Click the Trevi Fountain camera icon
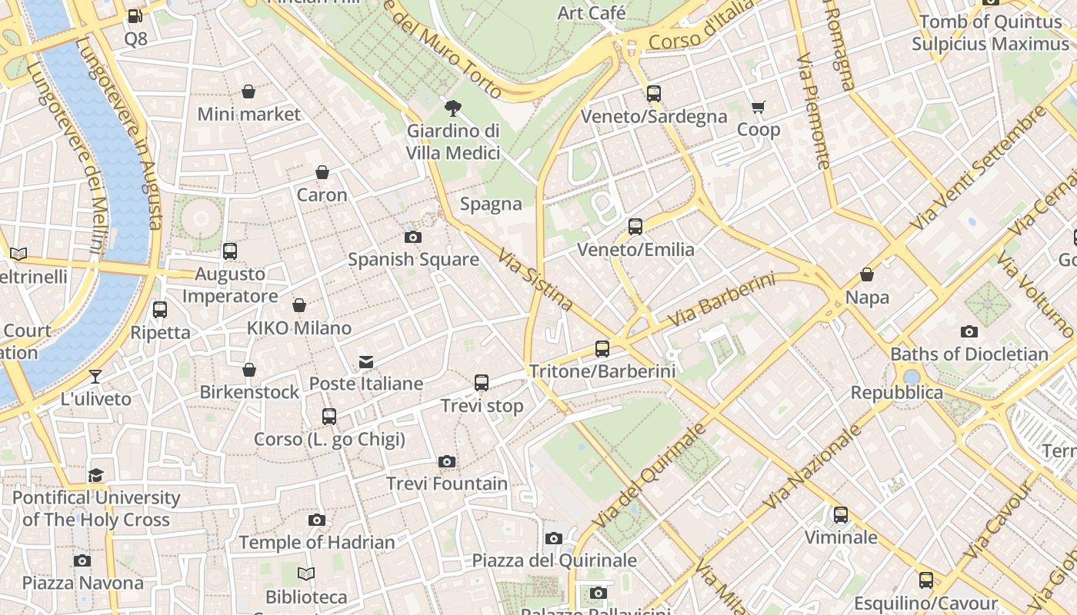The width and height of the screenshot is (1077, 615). [446, 461]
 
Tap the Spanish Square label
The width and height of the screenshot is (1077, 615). [413, 259]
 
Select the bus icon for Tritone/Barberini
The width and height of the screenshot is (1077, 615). [602, 348]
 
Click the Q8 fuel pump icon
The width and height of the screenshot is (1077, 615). [135, 15]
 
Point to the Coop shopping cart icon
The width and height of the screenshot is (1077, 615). [759, 107]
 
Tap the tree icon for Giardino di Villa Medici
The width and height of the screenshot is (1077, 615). [453, 108]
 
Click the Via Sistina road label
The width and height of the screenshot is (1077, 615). [535, 280]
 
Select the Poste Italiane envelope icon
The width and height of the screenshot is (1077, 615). [366, 361]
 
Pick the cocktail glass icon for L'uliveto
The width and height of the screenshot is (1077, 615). [95, 376]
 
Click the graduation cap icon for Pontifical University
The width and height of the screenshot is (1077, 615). [95, 475]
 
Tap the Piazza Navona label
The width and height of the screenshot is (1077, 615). [82, 583]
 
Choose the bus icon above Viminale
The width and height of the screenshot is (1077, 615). [841, 514]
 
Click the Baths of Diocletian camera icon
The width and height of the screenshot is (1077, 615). [969, 331]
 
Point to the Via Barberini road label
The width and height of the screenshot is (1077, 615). [721, 300]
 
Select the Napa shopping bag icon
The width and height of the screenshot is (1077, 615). [867, 274]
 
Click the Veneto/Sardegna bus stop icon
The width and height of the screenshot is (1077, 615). [653, 93]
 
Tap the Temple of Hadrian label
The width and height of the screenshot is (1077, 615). [317, 542]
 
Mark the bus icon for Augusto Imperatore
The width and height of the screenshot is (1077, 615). [229, 251]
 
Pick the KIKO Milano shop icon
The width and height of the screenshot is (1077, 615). [299, 305]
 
